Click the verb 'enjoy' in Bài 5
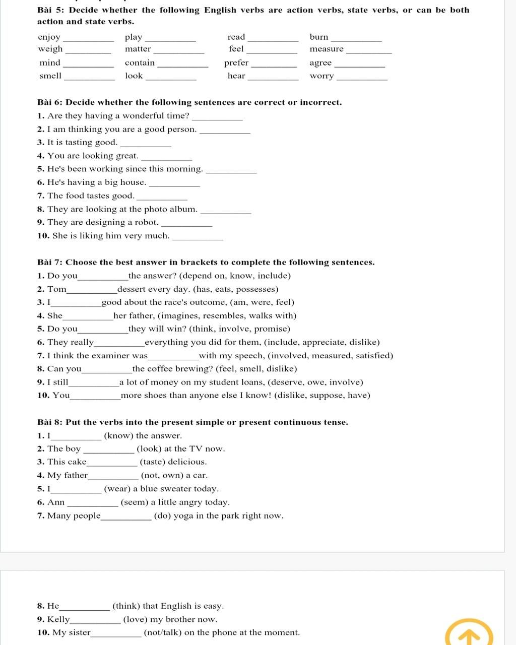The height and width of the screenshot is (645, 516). click(49, 37)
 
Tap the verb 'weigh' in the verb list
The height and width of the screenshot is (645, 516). click(50, 49)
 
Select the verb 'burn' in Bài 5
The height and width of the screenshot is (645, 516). click(319, 37)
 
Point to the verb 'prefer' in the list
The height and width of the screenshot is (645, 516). click(236, 63)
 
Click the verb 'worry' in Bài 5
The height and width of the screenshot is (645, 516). click(322, 76)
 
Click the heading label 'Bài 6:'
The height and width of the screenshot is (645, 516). click(50, 102)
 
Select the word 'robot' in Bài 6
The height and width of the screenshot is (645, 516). click(146, 222)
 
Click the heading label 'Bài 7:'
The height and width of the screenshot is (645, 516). click(50, 262)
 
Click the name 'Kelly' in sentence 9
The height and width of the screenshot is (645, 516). click(58, 619)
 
